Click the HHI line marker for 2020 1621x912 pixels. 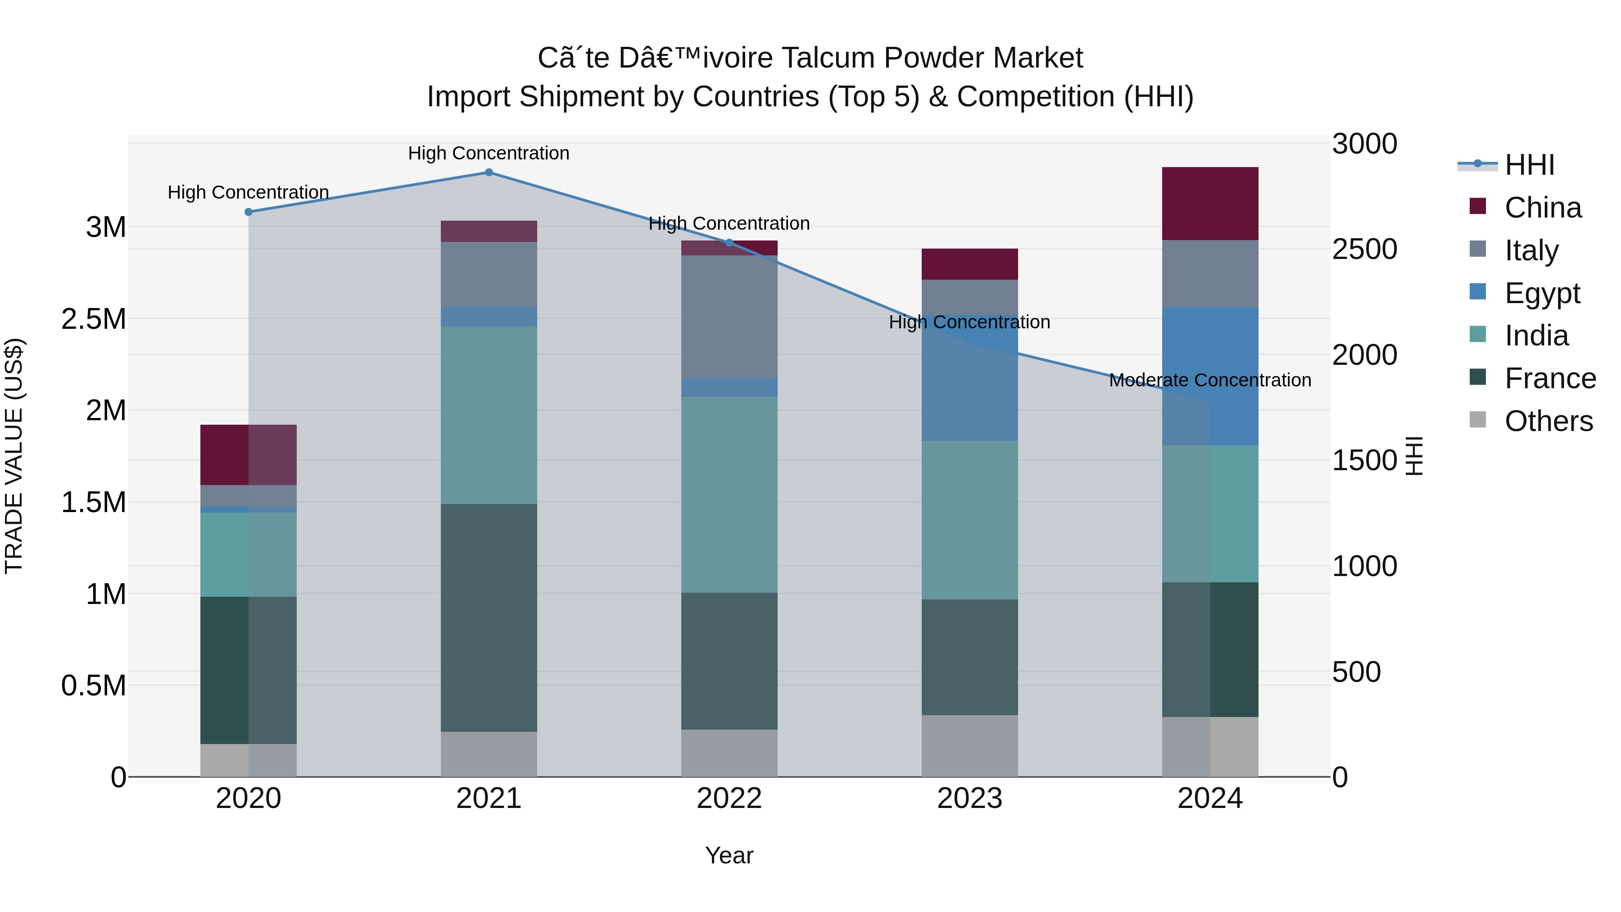(x=249, y=212)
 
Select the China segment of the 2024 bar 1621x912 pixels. (x=1209, y=203)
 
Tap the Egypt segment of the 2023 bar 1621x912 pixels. (x=970, y=378)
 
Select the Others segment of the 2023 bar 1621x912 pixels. (x=970, y=746)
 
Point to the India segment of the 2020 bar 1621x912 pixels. (x=248, y=554)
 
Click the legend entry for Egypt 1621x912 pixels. (x=1542, y=293)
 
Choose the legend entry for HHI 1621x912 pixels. (x=1529, y=165)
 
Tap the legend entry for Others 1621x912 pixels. (x=1548, y=421)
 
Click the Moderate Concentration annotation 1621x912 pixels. (x=1209, y=380)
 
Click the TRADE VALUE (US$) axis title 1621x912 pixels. (x=14, y=456)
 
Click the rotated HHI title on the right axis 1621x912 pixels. (x=1414, y=456)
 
